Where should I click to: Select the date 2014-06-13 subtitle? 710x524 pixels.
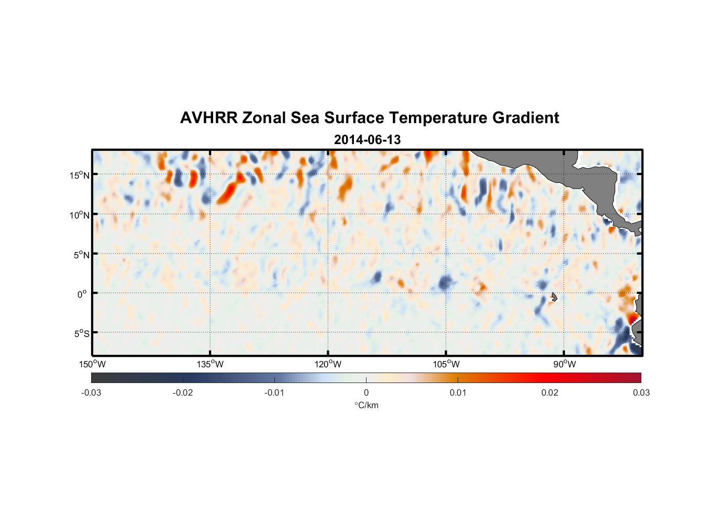pos(367,140)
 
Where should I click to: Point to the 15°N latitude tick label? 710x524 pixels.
pos(80,175)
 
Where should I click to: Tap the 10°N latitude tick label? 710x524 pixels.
pos(80,215)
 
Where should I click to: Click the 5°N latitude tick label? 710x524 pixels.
pos(81,255)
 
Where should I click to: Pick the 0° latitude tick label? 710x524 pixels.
pos(82,294)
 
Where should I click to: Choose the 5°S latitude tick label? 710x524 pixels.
pos(81,334)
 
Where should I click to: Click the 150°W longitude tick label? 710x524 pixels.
pos(93,364)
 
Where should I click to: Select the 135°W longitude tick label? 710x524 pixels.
pos(210,364)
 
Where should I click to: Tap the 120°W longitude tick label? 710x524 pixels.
pos(328,364)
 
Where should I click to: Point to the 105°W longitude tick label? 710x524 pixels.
pos(446,364)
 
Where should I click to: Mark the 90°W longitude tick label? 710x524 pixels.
pos(564,364)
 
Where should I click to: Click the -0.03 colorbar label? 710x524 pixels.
pos(91,392)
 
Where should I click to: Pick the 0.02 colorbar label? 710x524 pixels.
pos(550,392)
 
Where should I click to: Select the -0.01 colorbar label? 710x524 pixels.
pos(274,392)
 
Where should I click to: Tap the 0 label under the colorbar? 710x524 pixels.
pos(366,392)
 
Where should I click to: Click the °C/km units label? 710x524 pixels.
pos(366,405)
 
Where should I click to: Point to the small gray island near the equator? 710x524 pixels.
pos(554,297)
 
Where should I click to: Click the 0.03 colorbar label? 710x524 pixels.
pos(641,392)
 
